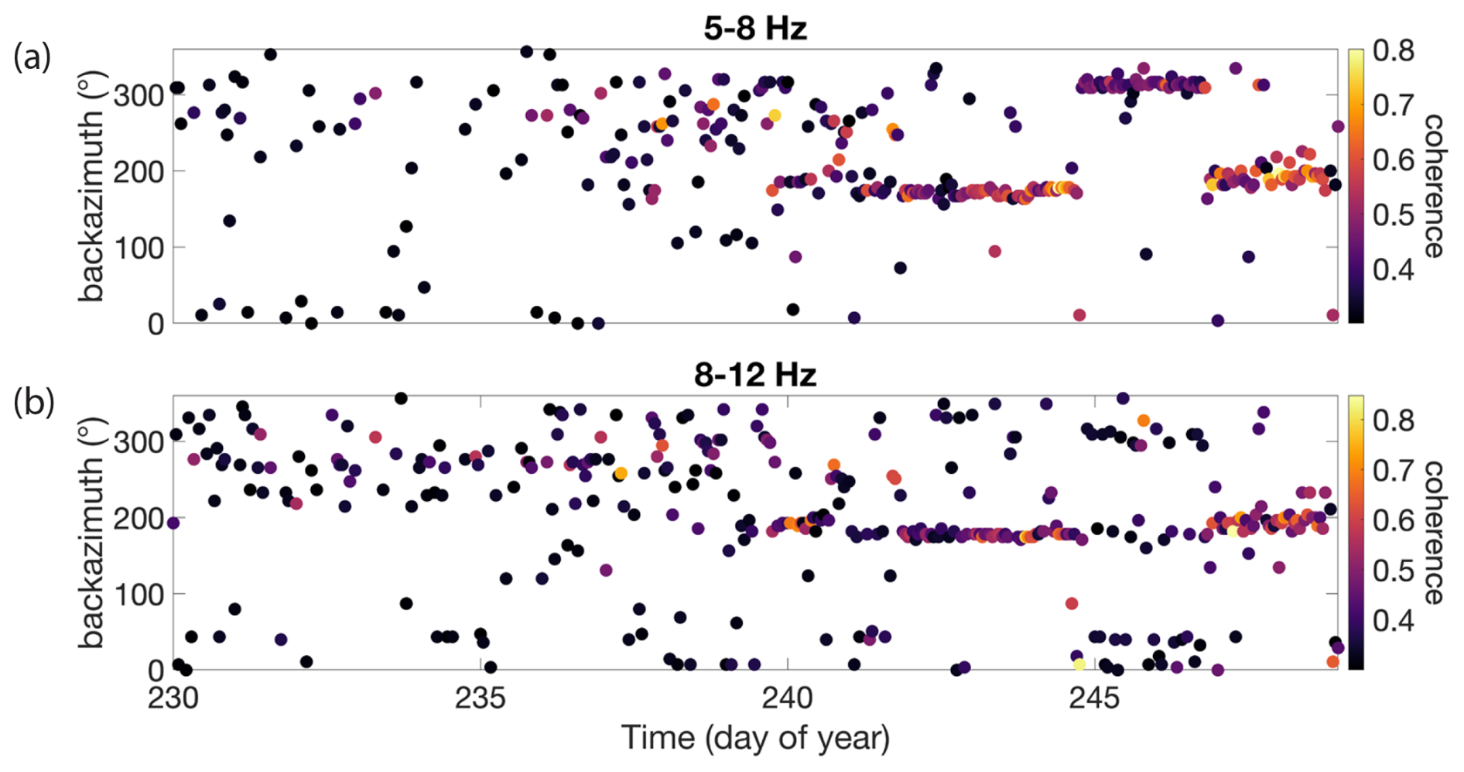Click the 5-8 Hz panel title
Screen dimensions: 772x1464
755,29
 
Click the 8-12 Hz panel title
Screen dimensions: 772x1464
755,375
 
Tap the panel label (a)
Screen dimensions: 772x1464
32,57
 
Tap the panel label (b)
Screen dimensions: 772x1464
32,403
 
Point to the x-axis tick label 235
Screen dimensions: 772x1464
480,698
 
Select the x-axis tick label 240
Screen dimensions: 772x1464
787,698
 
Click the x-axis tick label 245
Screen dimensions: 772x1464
1094,698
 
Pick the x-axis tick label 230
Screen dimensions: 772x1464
173,698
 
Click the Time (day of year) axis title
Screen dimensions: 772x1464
755,738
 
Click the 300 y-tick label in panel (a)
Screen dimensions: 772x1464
139,97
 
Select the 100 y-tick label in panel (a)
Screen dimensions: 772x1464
139,249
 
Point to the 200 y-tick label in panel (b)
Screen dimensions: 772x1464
139,519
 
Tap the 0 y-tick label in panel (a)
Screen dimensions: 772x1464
156,324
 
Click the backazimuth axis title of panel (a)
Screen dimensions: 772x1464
91,186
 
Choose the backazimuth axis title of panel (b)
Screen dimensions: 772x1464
91,533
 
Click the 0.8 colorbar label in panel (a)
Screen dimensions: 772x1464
1394,51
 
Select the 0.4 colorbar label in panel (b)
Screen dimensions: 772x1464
1394,620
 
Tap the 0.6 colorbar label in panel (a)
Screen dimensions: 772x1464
1394,160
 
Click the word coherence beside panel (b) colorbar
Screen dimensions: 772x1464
1434,533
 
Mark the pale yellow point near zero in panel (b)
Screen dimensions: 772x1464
1079,664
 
